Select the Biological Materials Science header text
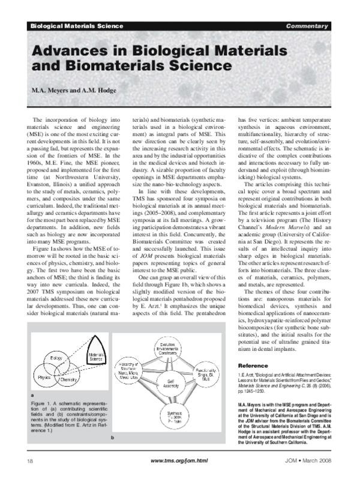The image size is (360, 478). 76,26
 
